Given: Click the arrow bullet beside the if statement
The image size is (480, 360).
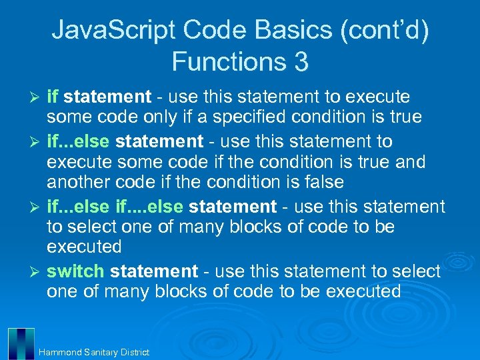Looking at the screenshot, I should pyautogui.click(x=37, y=98).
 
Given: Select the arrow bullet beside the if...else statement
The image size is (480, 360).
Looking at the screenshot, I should pyautogui.click(x=37, y=141).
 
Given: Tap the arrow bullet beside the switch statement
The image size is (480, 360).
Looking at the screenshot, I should pyautogui.click(x=37, y=272).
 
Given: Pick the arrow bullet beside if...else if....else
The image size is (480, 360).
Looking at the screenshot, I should pyautogui.click(x=37, y=207).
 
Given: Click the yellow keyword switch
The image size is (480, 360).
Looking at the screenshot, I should pyautogui.click(x=75, y=271).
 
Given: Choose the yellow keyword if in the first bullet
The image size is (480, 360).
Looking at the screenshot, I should pyautogui.click(x=53, y=97).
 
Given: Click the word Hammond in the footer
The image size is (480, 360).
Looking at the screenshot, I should pyautogui.click(x=61, y=352).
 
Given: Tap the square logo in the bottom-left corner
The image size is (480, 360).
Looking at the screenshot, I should pyautogui.click(x=21, y=343).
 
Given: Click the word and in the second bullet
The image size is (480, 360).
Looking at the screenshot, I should pyautogui.click(x=408, y=161).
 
